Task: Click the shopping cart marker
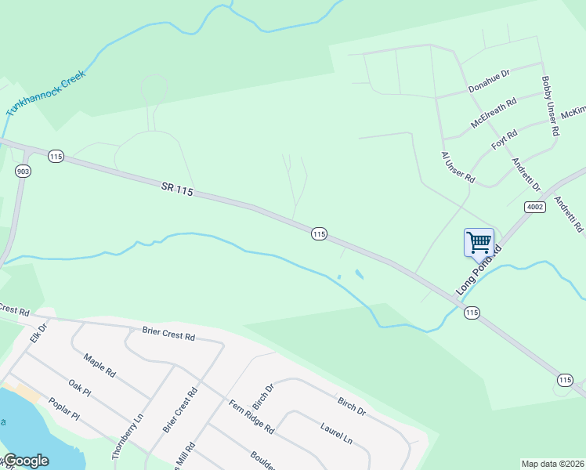(x=479, y=242)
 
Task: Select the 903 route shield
(x=21, y=170)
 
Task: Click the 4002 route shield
(x=534, y=206)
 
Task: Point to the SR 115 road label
(x=177, y=188)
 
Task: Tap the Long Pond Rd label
(x=479, y=270)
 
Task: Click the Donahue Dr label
(x=489, y=81)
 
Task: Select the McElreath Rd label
(x=494, y=113)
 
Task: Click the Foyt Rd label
(x=505, y=140)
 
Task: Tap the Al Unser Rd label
(x=458, y=168)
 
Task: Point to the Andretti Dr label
(x=526, y=175)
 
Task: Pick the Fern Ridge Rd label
(x=251, y=417)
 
